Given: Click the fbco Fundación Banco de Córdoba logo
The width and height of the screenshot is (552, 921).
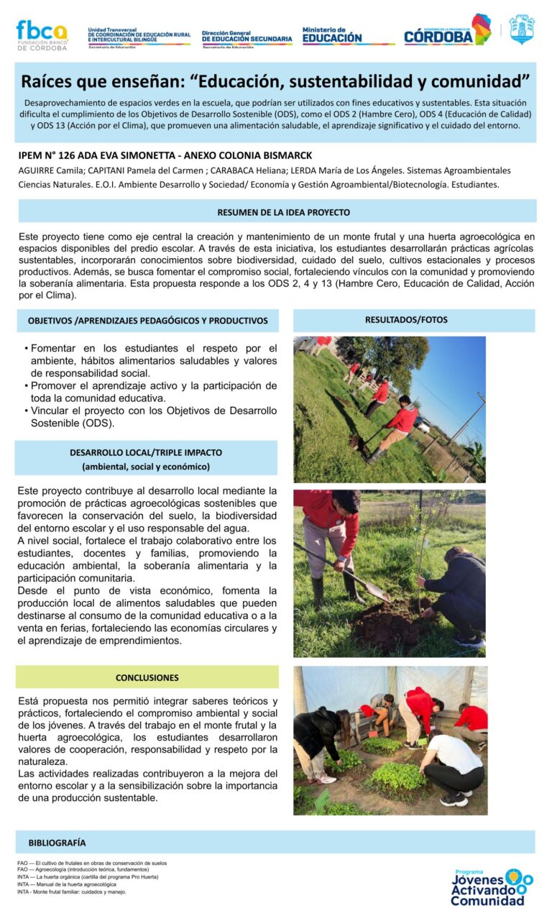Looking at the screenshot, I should tap(41, 34).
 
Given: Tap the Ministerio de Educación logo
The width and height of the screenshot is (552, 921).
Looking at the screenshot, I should tap(332, 35).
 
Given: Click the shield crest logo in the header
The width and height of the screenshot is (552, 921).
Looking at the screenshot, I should tap(522, 30).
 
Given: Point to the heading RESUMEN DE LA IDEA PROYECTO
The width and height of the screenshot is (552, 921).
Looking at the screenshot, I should tap(283, 212).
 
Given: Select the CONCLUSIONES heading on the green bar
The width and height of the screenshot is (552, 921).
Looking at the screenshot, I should tap(147, 677).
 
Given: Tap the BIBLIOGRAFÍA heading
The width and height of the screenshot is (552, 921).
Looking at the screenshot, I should tap(57, 842).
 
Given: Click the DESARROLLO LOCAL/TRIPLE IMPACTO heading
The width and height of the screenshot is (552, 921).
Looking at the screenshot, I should tap(146, 453).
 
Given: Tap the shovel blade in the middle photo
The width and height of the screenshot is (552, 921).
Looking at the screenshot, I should tap(377, 593).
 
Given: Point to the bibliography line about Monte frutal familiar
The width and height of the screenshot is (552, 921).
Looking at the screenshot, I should tap(72, 892).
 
